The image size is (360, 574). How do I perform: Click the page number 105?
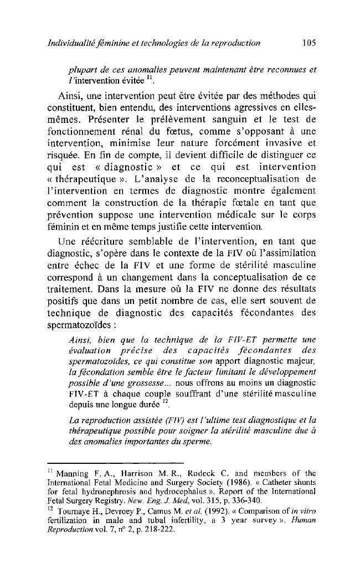pos(306,43)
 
